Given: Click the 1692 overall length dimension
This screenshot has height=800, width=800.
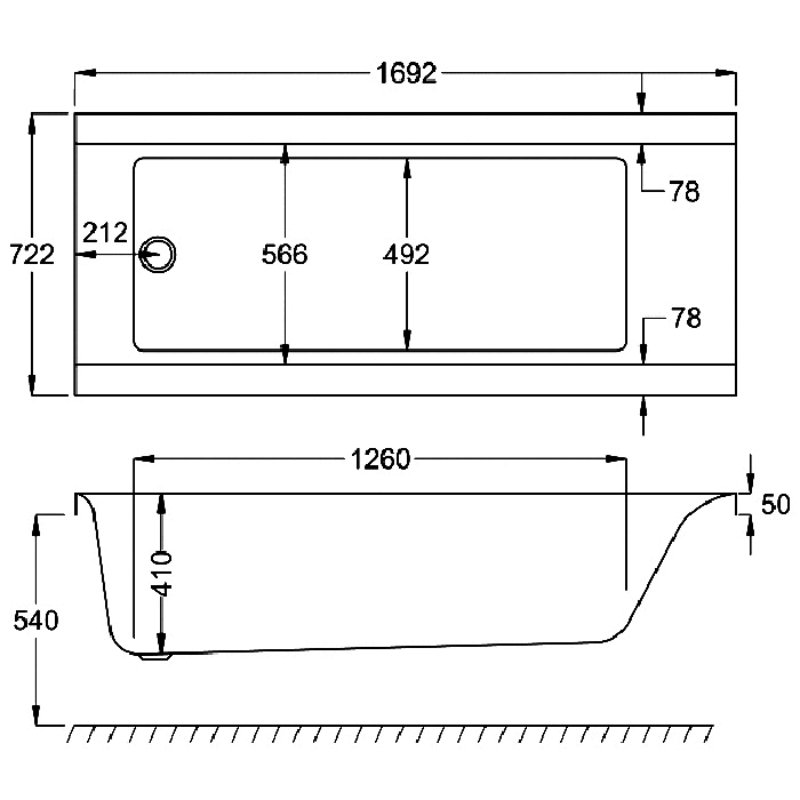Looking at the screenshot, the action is (x=406, y=73).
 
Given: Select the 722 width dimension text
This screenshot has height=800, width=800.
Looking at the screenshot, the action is (x=32, y=254).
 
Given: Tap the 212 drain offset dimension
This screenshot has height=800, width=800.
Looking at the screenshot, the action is (x=105, y=233).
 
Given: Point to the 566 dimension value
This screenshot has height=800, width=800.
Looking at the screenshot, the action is (x=285, y=254).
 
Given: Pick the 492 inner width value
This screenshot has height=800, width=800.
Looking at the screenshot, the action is (x=406, y=254).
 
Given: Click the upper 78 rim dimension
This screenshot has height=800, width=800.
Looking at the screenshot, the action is (x=684, y=192).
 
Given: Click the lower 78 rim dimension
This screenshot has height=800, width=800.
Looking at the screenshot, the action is (x=686, y=318).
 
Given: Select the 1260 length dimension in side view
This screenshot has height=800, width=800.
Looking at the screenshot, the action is (x=381, y=459).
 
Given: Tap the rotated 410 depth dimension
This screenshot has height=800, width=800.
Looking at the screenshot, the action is (x=162, y=573).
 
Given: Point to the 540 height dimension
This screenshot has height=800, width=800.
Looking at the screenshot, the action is (x=36, y=620).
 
